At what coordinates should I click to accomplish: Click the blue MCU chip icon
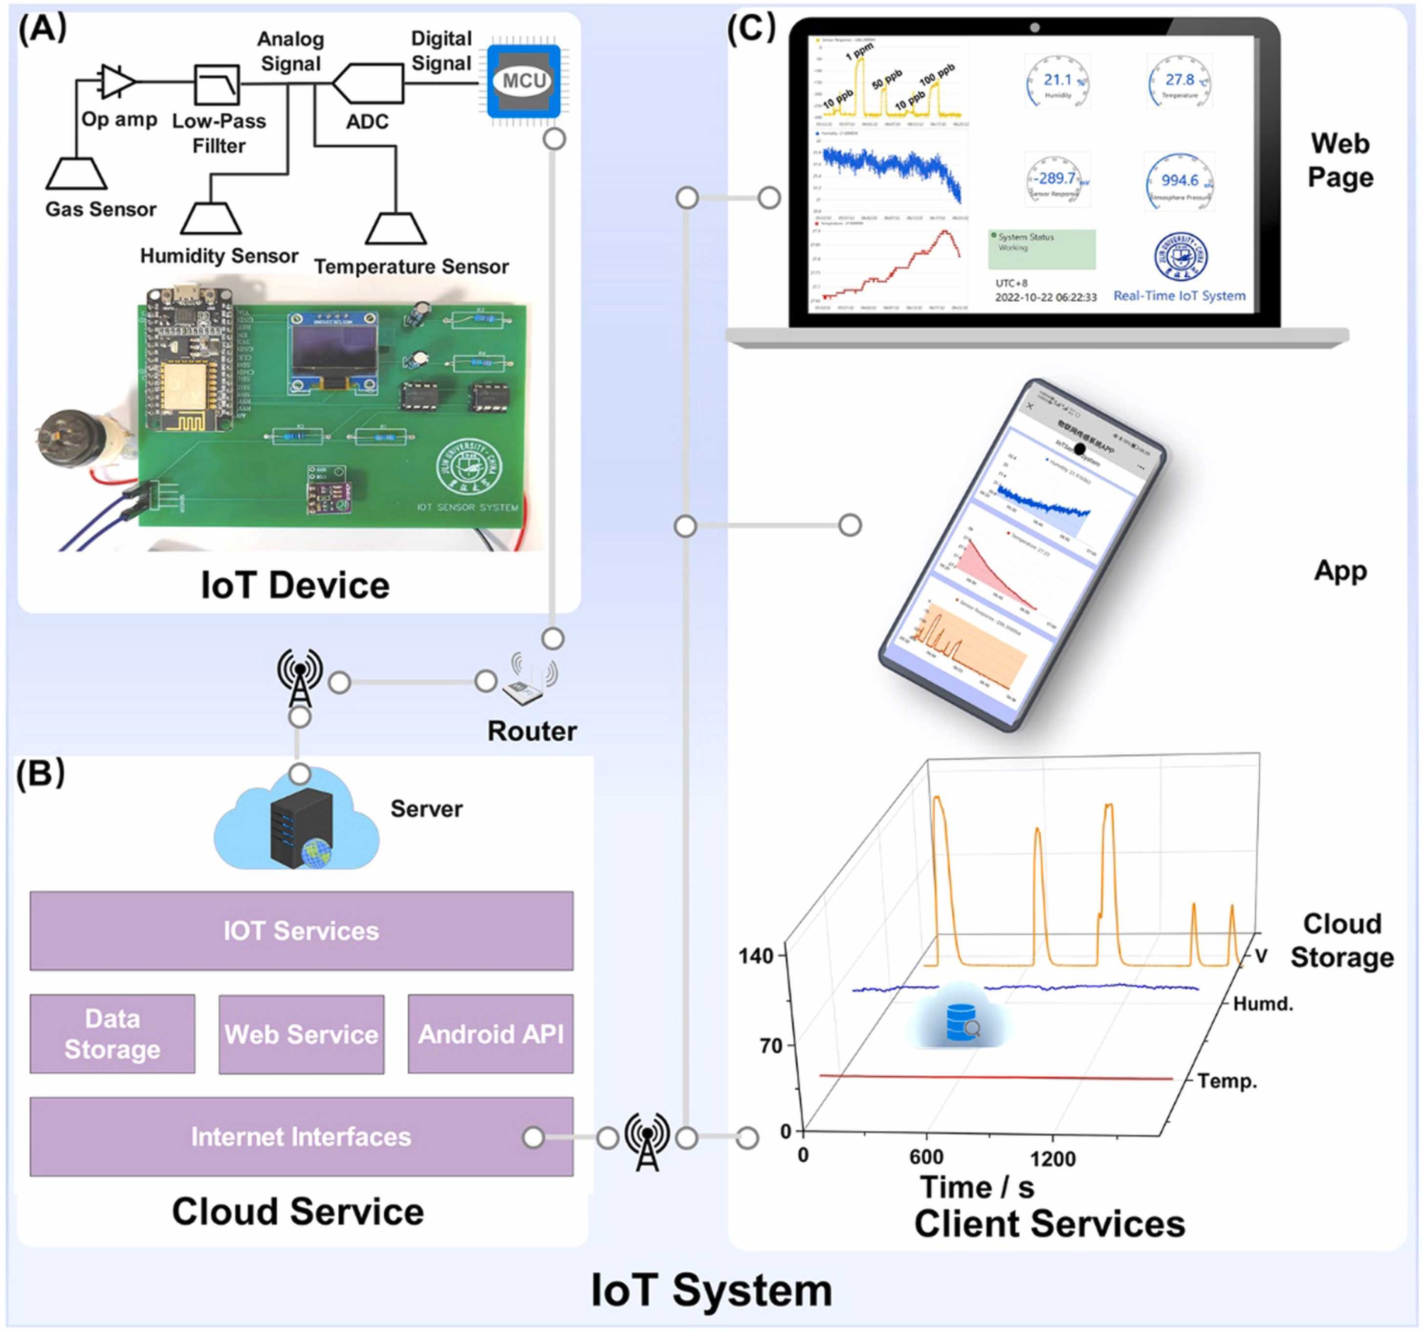[x=523, y=81]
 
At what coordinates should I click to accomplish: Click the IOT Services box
[x=301, y=930]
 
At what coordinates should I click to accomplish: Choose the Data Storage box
[x=112, y=1033]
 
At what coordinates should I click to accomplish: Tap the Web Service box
[x=301, y=1033]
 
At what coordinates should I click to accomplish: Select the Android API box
[x=490, y=1033]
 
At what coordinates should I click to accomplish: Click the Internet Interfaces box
[x=301, y=1136]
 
